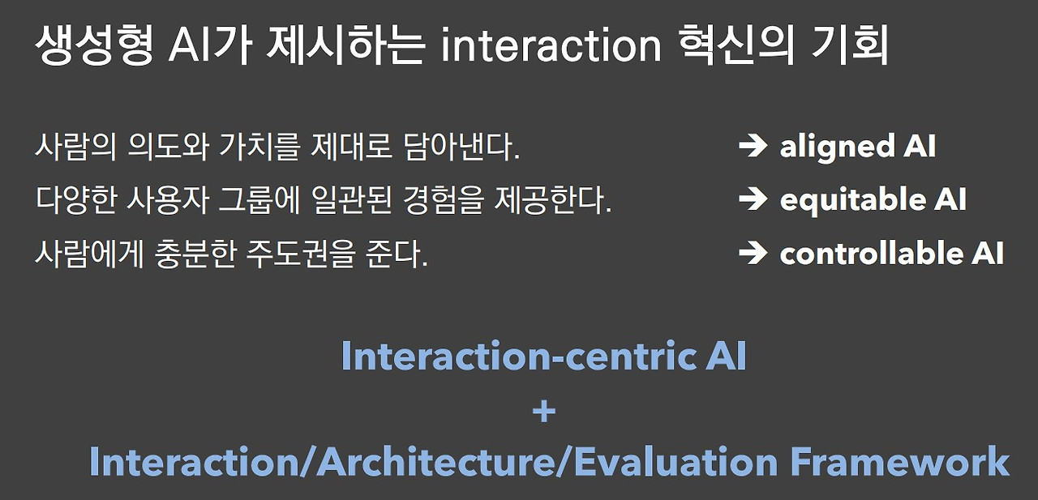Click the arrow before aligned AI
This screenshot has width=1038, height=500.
tap(753, 147)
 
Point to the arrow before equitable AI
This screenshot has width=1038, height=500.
tap(753, 200)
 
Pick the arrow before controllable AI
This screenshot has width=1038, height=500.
tap(753, 254)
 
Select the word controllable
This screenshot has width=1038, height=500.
tap(869, 254)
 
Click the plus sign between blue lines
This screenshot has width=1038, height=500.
tap(544, 412)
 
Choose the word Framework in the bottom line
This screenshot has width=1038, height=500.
tap(899, 462)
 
